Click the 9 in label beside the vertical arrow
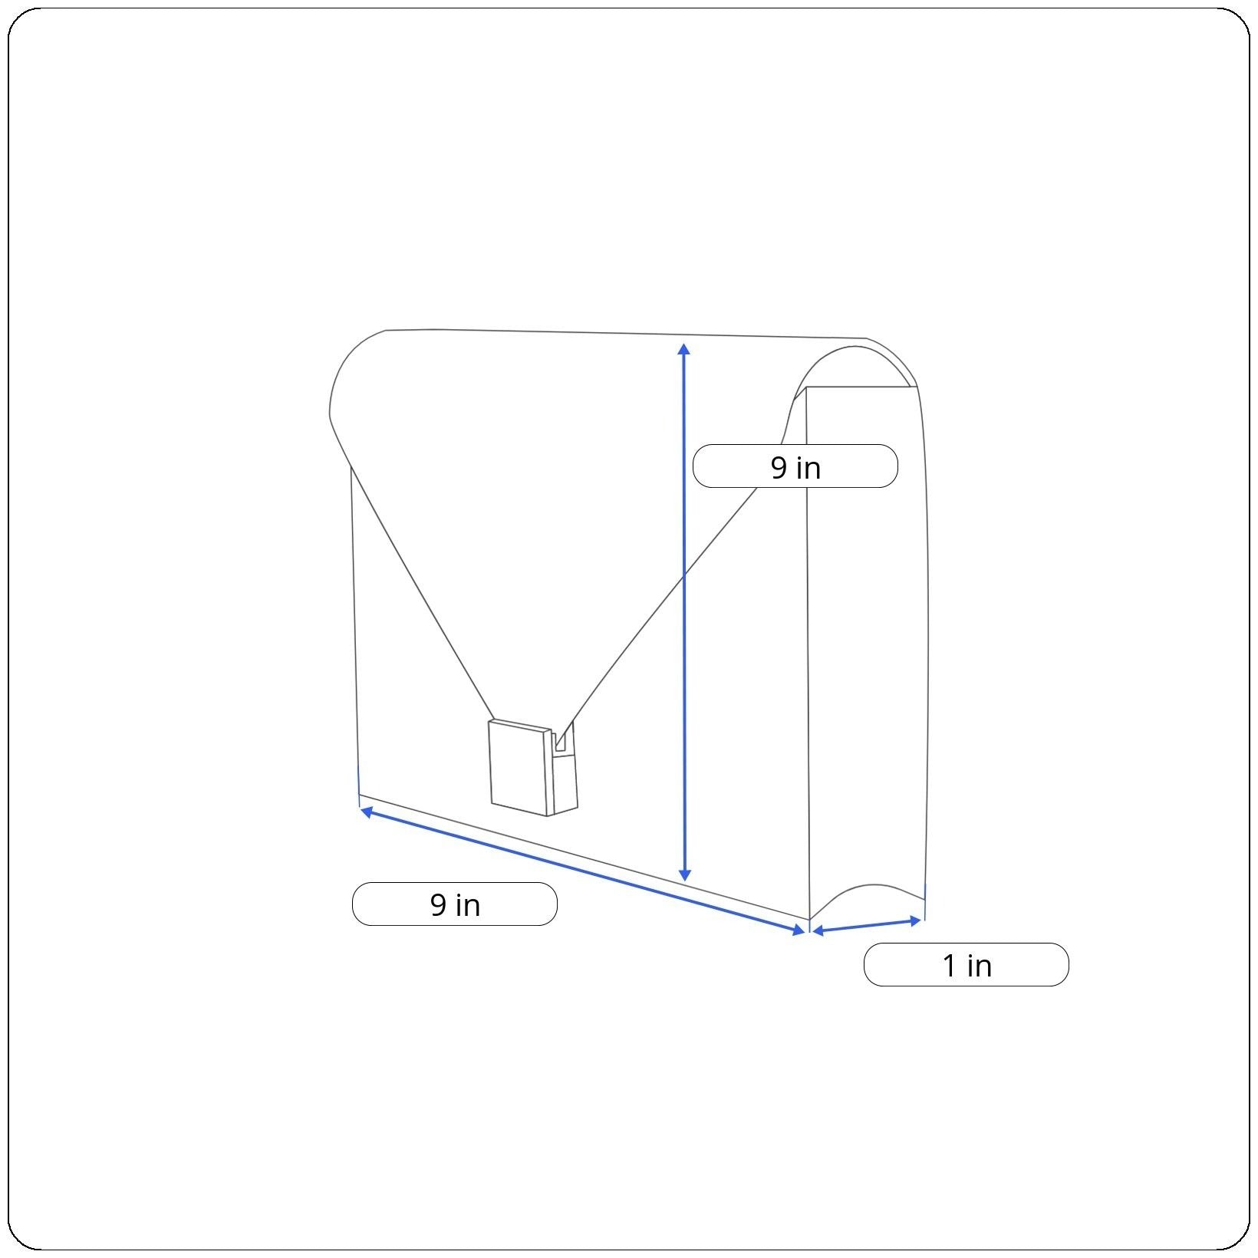coord(795,466)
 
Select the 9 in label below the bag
coord(454,904)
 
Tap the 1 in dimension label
coord(966,965)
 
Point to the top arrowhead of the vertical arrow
coord(684,349)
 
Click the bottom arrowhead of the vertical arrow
coord(685,875)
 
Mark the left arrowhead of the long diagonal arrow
coord(367,810)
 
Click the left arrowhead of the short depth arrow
coord(818,931)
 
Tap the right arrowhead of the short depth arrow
coord(914,920)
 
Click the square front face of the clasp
coord(520,767)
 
